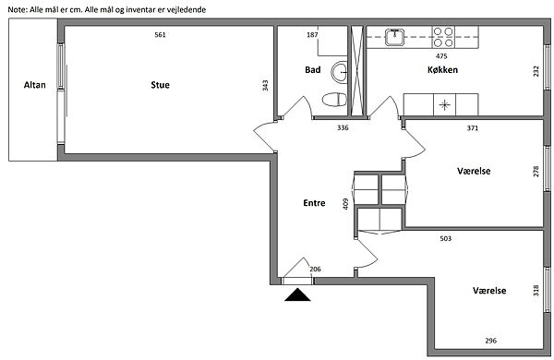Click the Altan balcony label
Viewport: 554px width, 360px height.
coord(35,85)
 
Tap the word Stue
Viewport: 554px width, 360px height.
coord(160,85)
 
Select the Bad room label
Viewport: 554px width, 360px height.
coord(313,69)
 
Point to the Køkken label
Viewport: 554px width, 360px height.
coord(442,69)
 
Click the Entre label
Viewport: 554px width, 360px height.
coord(314,203)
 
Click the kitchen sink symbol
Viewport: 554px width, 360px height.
coord(394,37)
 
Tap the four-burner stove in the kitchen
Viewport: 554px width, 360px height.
coord(443,37)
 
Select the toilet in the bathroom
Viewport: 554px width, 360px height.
coord(334,100)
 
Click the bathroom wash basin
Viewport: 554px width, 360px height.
coord(340,72)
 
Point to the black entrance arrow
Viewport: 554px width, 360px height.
coord(297,294)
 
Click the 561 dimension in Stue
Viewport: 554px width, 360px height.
coord(160,35)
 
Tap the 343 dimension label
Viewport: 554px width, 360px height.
coord(265,86)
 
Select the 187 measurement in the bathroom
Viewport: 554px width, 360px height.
coord(312,35)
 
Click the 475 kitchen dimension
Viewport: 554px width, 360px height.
coord(441,55)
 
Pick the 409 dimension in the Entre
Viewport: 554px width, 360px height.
coord(345,204)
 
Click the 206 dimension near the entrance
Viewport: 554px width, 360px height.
coord(315,270)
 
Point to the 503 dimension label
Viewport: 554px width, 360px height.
coord(446,238)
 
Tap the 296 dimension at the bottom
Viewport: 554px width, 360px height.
coord(491,341)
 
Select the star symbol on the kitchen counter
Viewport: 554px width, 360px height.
coord(444,105)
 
